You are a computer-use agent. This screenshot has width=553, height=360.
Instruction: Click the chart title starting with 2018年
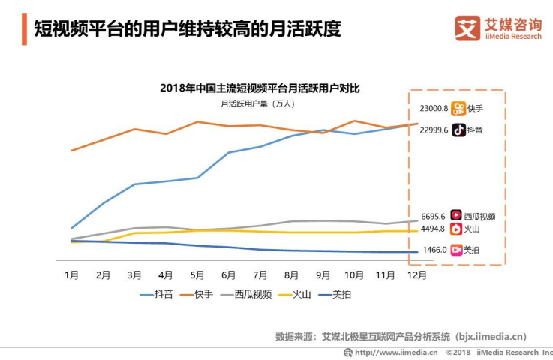tap(260, 88)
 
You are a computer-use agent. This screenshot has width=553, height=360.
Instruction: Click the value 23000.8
tap(434, 108)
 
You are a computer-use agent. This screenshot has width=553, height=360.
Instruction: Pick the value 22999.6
tap(434, 130)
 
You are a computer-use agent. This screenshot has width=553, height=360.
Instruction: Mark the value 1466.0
tap(434, 250)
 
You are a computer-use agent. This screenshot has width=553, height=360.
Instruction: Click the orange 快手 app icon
tap(458, 108)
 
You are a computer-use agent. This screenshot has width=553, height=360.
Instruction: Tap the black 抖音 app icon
tap(458, 130)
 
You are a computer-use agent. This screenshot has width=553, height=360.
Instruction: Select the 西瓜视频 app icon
tap(455, 216)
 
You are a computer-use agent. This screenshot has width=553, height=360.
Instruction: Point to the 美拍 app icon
tap(455, 250)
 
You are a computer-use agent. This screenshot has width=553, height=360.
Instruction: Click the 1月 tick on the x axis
tap(71, 275)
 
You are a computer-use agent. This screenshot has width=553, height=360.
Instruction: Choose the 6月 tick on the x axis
tap(228, 275)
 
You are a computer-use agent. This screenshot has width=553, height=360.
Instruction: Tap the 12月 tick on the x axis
tap(417, 275)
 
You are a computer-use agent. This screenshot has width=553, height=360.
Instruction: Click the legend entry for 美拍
tap(333, 294)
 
